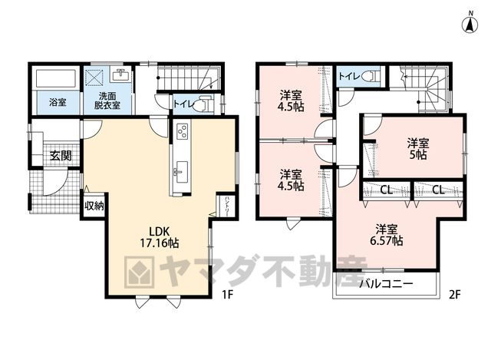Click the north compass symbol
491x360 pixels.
coord(470,22)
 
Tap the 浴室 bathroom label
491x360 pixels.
coord(58,102)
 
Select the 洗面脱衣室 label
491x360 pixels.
coord(107,101)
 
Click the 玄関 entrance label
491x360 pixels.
coord(61,155)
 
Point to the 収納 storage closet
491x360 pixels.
coord(94,206)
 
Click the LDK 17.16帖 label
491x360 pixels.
coord(159,237)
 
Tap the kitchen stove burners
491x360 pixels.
coord(183,130)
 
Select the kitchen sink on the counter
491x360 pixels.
coord(182,172)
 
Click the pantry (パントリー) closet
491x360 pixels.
coord(226,206)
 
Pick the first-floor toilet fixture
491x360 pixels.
coord(204,104)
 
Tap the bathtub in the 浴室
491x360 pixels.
coord(56,78)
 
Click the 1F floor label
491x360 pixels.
coord(227,295)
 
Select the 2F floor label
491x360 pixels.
coord(455,295)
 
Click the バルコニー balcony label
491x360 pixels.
coord(386,285)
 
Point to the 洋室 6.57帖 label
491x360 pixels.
coord(387,235)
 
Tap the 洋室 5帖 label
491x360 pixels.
coord(418,149)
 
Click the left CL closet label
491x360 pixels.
coord(387,190)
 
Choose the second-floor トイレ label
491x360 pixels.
coord(349,76)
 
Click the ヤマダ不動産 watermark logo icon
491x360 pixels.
coord(140,272)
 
